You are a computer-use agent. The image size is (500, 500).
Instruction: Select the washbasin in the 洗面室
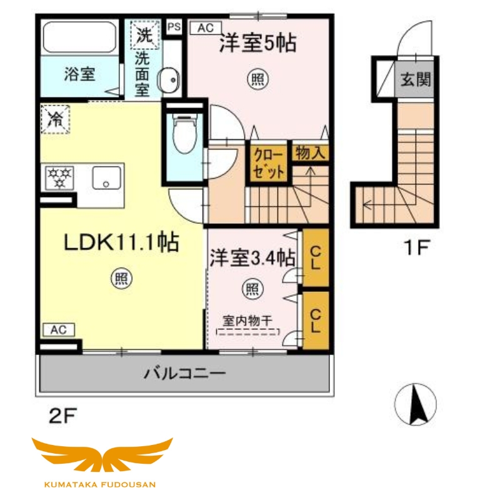tap(169, 79)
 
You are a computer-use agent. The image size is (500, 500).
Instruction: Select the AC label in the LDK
tap(58, 329)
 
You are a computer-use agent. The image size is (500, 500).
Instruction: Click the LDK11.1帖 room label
tap(122, 242)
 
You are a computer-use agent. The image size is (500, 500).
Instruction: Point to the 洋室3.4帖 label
tap(252, 257)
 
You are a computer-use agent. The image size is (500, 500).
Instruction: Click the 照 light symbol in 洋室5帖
tap(257, 79)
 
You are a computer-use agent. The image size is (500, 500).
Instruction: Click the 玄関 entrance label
tap(415, 79)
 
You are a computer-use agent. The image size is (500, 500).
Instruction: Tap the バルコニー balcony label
tap(185, 374)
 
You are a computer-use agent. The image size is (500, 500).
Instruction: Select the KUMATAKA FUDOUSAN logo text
tap(101, 483)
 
